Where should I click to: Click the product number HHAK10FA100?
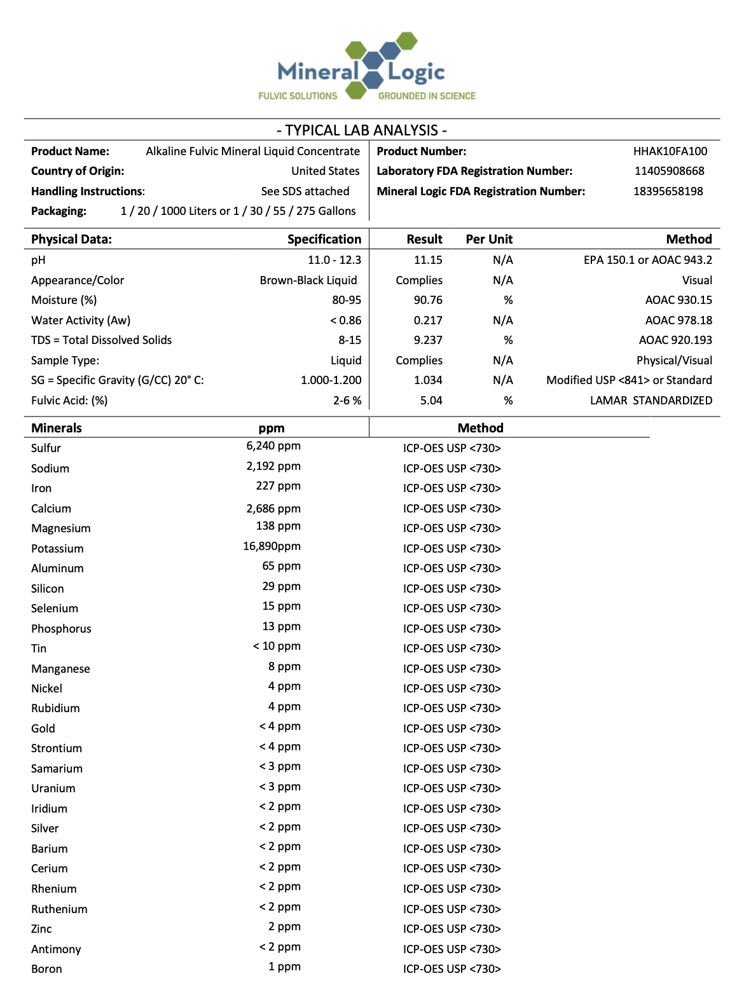pos(670,151)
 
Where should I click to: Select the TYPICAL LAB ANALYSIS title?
pos(362,130)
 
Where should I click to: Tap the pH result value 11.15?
pos(427,260)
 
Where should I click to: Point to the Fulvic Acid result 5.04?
pos(430,401)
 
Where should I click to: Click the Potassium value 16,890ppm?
pos(272,546)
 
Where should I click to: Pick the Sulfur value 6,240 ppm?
pos(273,446)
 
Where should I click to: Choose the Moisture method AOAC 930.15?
pos(678,300)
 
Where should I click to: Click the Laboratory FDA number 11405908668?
pos(669,171)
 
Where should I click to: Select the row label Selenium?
pos(55,608)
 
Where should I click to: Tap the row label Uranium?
pos(53,788)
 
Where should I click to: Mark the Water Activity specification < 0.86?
pos(345,320)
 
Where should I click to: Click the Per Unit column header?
pos(489,239)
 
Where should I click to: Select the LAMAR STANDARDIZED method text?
pos(651,401)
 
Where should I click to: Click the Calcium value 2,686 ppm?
pos(273,509)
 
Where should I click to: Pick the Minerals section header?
pos(57,428)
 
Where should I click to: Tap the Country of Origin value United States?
pos(325,171)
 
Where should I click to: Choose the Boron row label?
pos(46,969)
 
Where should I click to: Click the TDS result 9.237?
pos(427,340)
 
